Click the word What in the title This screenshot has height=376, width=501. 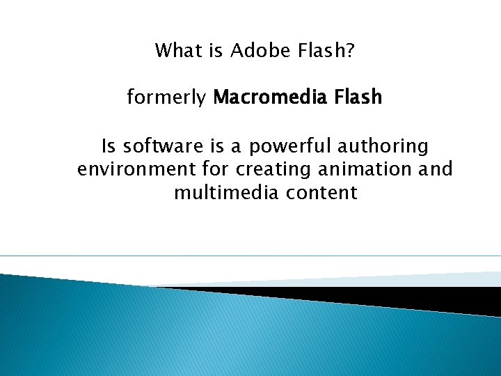coord(175,51)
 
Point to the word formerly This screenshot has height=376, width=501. coord(167,97)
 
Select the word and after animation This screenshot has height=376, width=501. coord(437,169)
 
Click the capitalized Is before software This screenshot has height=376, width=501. coord(109,146)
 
